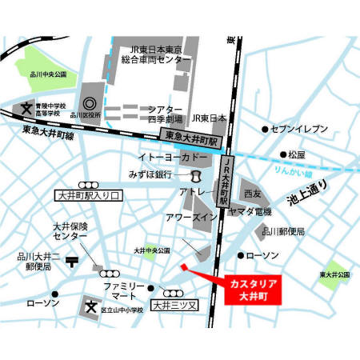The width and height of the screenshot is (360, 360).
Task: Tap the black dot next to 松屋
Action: (283, 154)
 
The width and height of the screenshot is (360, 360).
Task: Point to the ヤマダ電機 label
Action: (249, 211)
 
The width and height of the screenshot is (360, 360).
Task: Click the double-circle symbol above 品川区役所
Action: (88, 104)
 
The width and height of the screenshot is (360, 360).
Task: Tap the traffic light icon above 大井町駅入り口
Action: (86, 183)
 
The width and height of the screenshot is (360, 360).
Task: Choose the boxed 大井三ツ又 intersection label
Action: (172, 304)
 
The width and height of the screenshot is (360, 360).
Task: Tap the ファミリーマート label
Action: (123, 291)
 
